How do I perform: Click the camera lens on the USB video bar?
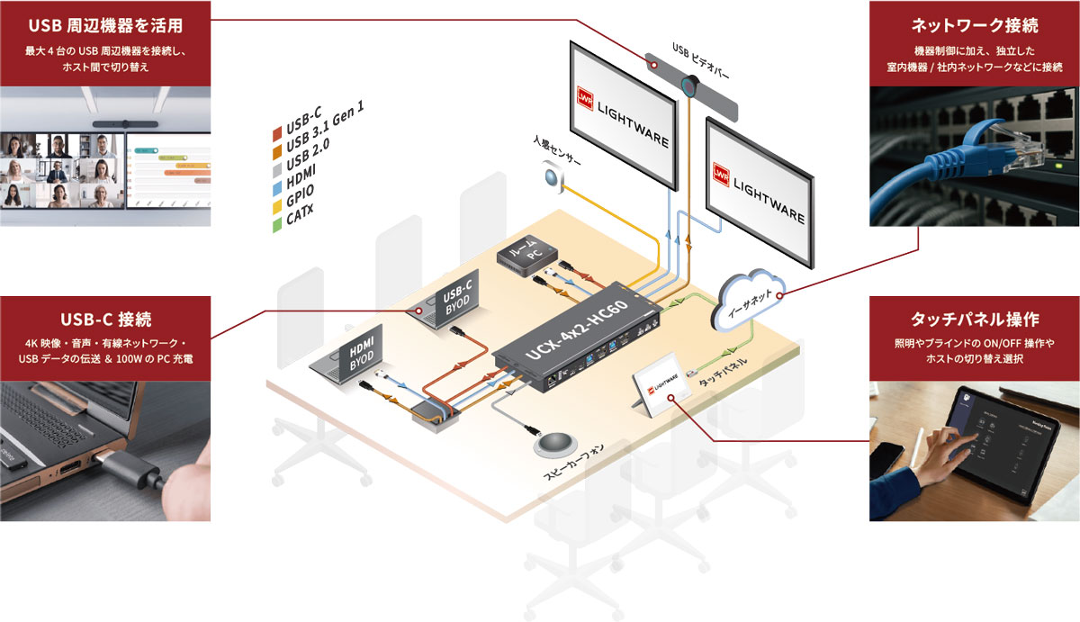[690, 87]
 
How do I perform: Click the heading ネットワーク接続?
[974, 24]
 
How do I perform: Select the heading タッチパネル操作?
[975, 320]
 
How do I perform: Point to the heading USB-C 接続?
[105, 319]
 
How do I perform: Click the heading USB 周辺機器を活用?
[105, 24]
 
